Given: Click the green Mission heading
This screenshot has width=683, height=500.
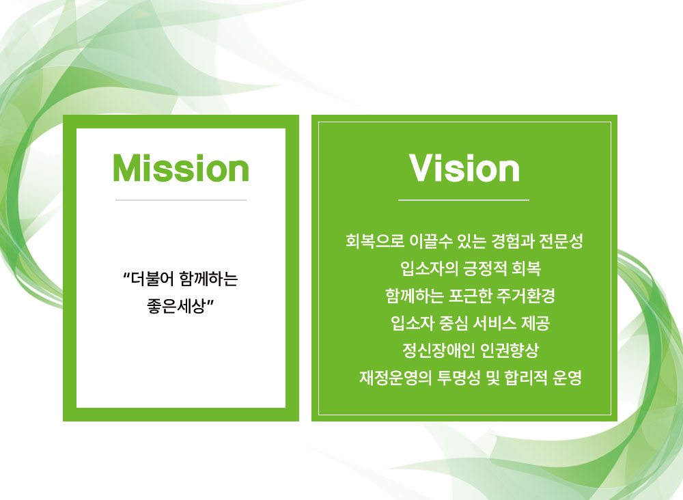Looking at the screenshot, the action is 181,168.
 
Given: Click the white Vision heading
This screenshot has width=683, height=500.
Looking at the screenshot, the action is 464,168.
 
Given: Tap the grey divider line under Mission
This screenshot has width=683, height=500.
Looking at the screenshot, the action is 181,200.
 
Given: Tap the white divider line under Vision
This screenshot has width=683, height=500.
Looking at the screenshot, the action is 464,200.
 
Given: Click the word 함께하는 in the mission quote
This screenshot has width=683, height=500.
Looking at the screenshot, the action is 208,279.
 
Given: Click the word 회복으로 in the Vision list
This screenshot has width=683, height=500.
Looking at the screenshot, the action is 374,241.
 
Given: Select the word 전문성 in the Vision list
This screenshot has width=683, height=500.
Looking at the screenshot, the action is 561,241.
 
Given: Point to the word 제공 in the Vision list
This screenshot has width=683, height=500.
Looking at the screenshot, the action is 535,323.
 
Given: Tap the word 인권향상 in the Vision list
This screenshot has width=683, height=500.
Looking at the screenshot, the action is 510,350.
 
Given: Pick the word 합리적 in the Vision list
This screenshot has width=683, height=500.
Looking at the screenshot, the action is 526,378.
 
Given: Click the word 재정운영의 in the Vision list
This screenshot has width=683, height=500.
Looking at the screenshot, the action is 395,378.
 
